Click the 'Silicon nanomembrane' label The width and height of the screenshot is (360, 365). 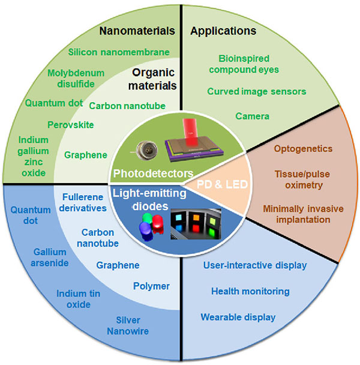tap(119, 52)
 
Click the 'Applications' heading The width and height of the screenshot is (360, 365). tap(223, 31)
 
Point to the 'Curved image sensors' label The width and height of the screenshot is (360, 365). tap(257, 91)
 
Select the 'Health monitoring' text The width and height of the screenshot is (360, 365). tap(250, 291)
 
